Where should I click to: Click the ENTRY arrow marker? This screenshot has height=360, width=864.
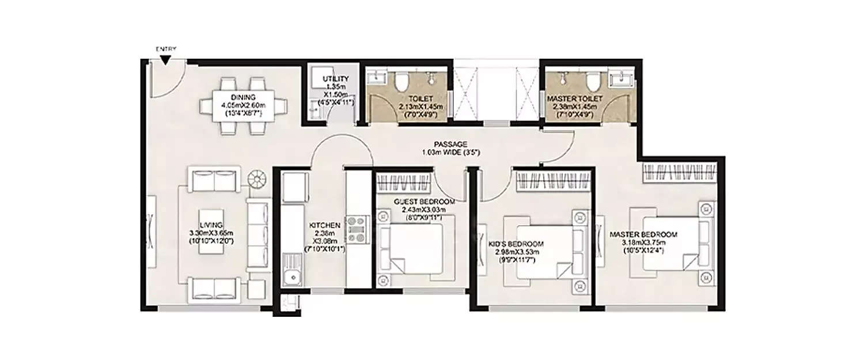click(166, 59)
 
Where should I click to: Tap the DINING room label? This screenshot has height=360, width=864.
click(243, 97)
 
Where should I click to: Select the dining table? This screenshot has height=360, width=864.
click(243, 106)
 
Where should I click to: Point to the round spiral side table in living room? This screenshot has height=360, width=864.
click(258, 180)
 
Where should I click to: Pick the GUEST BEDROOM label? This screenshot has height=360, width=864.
click(424, 202)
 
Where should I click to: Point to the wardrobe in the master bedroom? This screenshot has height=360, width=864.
click(679, 172)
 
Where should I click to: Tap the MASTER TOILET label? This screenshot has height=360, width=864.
click(573, 99)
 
